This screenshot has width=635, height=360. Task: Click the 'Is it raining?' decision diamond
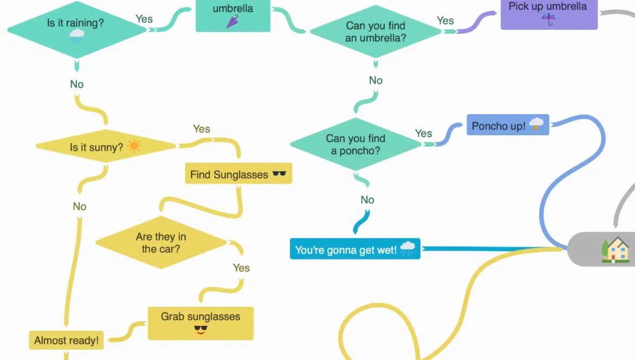click(76, 29)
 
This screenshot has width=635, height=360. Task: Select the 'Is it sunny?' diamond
click(106, 147)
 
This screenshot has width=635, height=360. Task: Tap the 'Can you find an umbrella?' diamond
click(376, 32)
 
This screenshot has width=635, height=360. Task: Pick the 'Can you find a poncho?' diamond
click(355, 144)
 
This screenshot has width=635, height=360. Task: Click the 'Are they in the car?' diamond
click(161, 243)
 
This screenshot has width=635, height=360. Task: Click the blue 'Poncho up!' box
click(507, 125)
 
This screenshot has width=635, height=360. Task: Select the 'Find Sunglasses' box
click(238, 174)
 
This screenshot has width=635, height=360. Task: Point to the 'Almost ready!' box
click(66, 340)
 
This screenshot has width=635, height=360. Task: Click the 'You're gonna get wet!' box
click(355, 249)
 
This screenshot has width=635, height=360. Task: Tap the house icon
click(615, 250)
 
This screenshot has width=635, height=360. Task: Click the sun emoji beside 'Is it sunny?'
click(134, 146)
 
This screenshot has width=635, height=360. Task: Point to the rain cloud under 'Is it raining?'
click(77, 36)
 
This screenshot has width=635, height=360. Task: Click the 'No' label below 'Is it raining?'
click(77, 84)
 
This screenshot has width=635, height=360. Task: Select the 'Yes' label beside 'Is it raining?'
click(144, 19)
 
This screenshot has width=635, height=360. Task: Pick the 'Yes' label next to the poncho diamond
click(423, 133)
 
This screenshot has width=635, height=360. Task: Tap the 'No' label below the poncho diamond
click(367, 200)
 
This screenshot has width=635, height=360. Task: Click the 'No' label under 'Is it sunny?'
click(80, 206)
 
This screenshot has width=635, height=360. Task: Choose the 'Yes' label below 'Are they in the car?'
click(241, 268)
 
